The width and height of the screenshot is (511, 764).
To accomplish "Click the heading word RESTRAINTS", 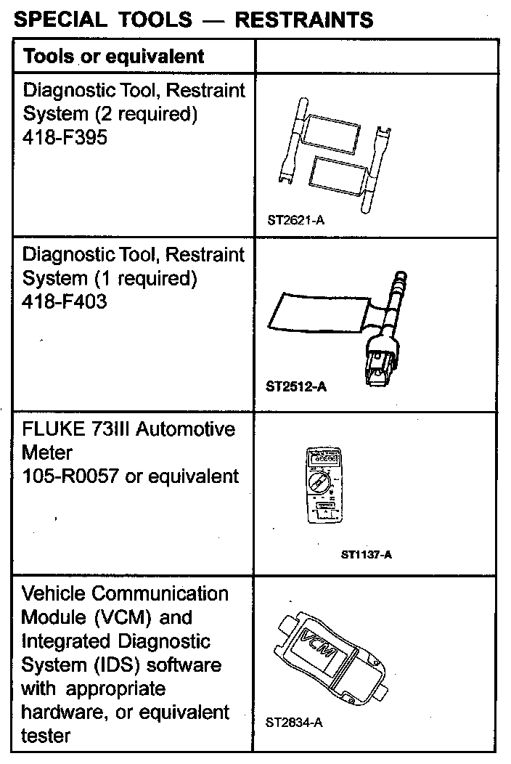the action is click(x=305, y=19).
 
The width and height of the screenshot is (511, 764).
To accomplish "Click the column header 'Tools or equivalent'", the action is click(x=114, y=56).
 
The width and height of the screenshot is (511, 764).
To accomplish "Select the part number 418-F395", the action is click(x=65, y=137).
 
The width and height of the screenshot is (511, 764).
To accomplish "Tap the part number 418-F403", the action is click(x=65, y=301).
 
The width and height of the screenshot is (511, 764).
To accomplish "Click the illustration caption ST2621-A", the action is click(x=295, y=219).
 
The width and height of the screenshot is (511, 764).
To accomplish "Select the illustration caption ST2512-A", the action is click(x=296, y=386).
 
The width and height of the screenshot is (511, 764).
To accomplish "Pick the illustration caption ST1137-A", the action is click(x=367, y=555).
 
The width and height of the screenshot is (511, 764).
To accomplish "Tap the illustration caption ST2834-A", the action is click(x=295, y=723).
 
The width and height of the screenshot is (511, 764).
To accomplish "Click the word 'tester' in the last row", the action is click(x=46, y=736).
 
